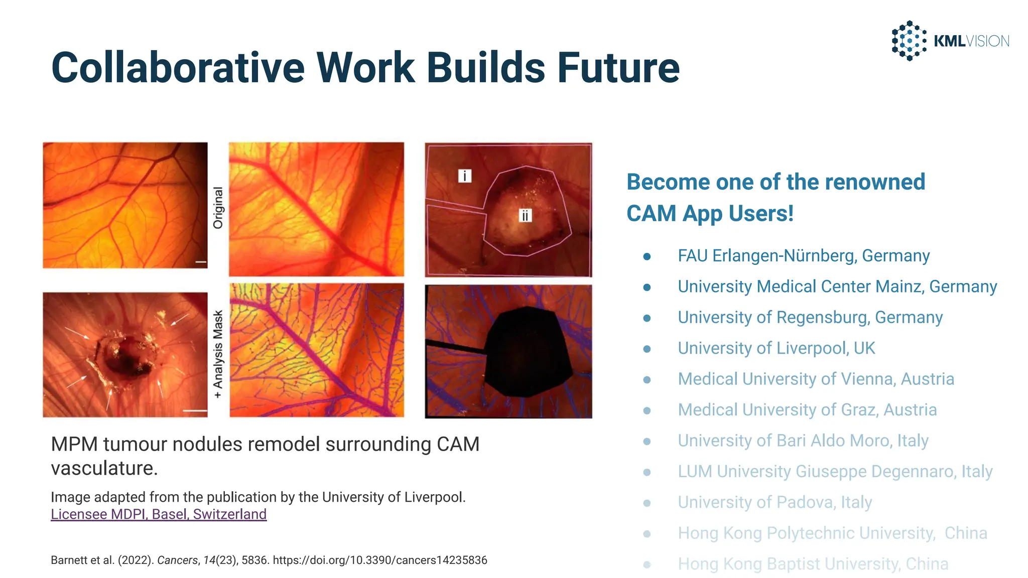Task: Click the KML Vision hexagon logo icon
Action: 909,41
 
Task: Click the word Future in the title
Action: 618,68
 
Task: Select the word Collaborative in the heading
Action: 178,68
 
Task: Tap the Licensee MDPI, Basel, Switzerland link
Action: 159,514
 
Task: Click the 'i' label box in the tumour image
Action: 465,176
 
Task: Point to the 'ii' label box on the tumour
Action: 525,216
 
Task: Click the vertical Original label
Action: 218,208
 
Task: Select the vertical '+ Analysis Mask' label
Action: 218,354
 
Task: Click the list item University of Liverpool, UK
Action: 776,348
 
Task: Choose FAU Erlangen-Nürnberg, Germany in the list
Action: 803,256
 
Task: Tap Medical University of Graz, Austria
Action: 807,410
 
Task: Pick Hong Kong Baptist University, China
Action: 813,564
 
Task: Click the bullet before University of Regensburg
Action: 647,318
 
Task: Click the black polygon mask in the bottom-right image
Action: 527,351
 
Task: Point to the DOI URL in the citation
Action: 380,560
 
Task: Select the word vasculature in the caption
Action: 104,469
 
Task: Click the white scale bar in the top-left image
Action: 201,262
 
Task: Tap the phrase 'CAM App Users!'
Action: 710,214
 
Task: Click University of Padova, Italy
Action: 775,502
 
